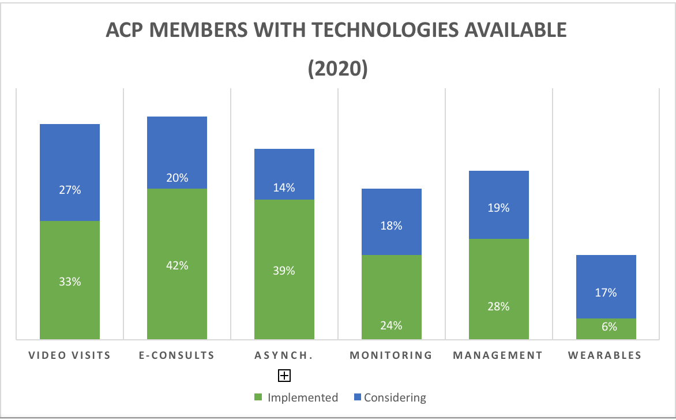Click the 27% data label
pos(70,189)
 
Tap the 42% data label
pos(177,266)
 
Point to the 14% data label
pos(284,187)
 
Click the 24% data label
pos(392,325)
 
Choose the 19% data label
pos(499,208)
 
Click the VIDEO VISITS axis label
pos(70,355)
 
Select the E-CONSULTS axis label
pos(177,355)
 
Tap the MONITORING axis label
pos(391,355)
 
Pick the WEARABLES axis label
pos(605,355)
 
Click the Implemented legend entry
pos(297,397)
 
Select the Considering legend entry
pos(389,397)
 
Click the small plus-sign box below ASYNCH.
pos(284,376)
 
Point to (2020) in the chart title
pos(337,67)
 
